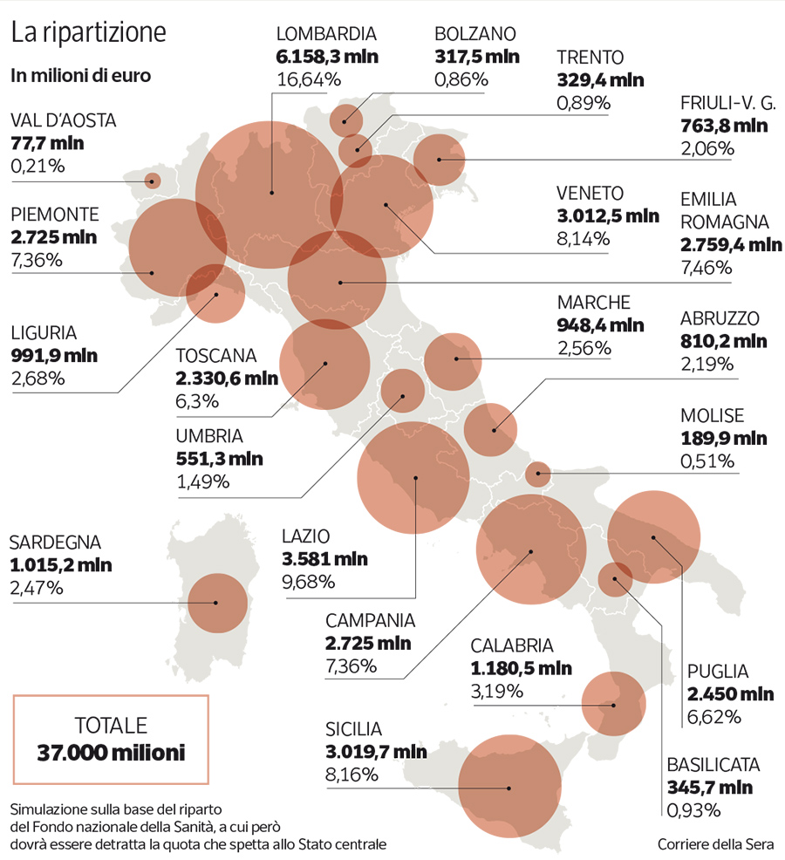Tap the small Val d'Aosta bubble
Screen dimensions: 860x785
click(x=153, y=181)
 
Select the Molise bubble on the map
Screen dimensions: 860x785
click(x=538, y=474)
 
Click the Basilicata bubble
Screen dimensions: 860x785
click(x=616, y=578)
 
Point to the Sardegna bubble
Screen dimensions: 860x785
click(x=218, y=603)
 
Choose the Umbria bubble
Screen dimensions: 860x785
click(x=403, y=391)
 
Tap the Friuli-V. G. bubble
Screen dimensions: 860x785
click(x=439, y=160)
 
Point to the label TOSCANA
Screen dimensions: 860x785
click(x=216, y=356)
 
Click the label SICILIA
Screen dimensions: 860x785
click(x=354, y=728)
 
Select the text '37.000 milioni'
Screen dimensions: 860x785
click(x=111, y=752)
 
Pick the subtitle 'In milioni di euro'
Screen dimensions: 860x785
click(x=81, y=75)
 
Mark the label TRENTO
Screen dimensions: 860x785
click(x=590, y=58)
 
